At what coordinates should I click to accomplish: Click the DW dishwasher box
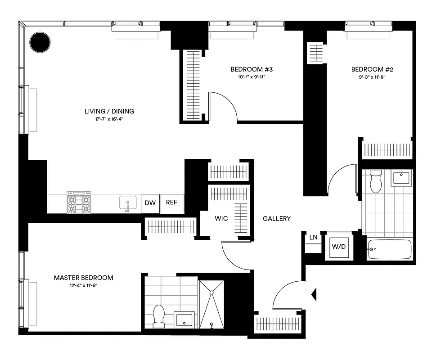(150, 203)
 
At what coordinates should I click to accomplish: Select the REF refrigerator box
(171, 202)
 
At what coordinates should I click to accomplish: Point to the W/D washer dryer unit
(339, 247)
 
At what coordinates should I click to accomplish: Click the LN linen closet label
(313, 237)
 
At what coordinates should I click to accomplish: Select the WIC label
(221, 218)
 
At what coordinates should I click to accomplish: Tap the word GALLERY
(277, 219)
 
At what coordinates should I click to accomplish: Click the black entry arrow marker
(315, 295)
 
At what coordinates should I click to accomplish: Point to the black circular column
(40, 42)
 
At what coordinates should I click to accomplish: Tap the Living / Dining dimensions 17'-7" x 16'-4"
(109, 119)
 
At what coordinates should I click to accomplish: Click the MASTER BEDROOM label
(83, 278)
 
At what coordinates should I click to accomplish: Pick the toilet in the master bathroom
(159, 316)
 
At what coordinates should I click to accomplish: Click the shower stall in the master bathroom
(211, 304)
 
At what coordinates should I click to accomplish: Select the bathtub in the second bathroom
(390, 249)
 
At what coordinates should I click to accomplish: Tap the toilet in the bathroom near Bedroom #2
(375, 181)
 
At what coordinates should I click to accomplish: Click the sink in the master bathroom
(184, 320)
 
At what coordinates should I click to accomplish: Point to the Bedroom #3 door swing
(223, 106)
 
